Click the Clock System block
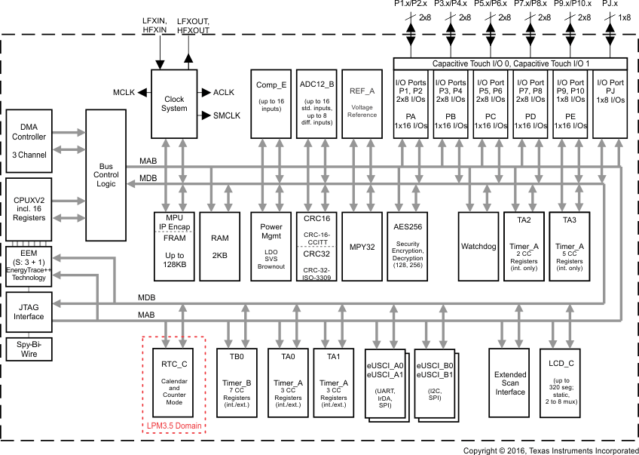click(174, 103)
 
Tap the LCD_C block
click(561, 384)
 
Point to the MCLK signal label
click(124, 92)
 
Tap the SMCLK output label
click(226, 115)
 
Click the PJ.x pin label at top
click(610, 5)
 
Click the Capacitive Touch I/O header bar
click(510, 63)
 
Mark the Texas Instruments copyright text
click(550, 450)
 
